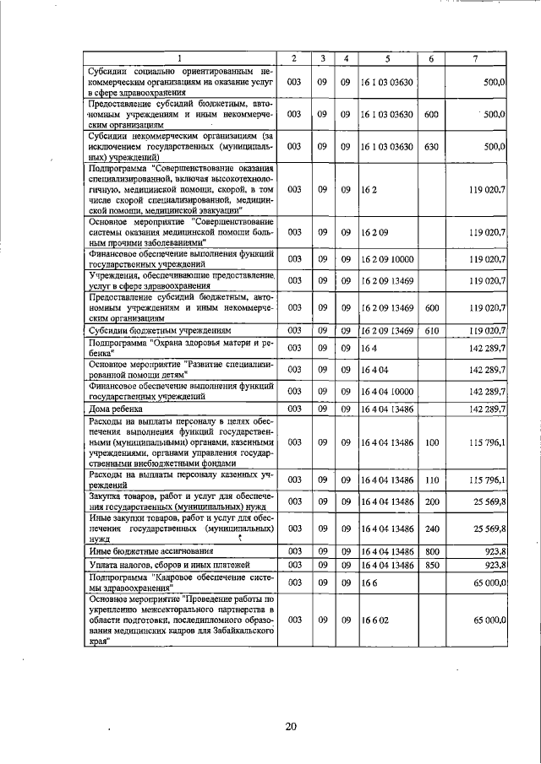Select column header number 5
pos(387,58)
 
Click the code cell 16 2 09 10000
pos(389,258)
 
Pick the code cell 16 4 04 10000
pos(389,390)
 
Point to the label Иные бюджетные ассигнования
pos(144,550)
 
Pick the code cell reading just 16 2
pos(369,191)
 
